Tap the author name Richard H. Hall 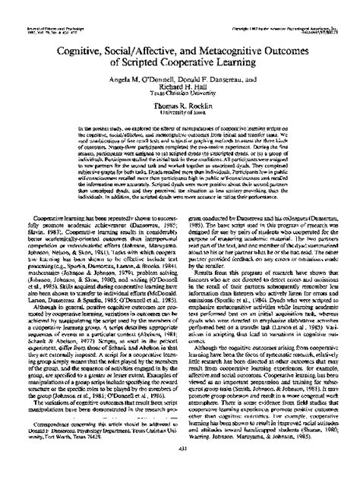pyautogui.click(x=179, y=82)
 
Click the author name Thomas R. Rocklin pyautogui.click(x=180, y=103)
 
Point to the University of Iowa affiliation pyautogui.click(x=180, y=111)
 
